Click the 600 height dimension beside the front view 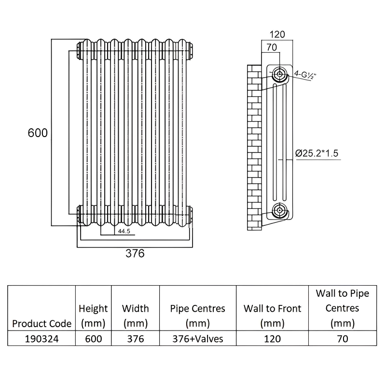pos(38,133)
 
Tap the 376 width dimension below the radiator pos(135,253)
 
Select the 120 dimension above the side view pos(277,34)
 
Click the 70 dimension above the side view pos(271,47)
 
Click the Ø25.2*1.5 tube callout pos(317,153)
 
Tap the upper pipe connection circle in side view pos(279,74)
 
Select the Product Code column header pos(41,323)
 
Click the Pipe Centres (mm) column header pos(197,316)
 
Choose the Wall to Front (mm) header pos(272,316)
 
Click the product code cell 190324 pos(41,339)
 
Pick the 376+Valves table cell pos(197,339)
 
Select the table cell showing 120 pos(272,339)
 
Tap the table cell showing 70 pos(343,339)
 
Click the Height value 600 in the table pos(93,339)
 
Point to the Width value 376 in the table pos(135,339)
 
